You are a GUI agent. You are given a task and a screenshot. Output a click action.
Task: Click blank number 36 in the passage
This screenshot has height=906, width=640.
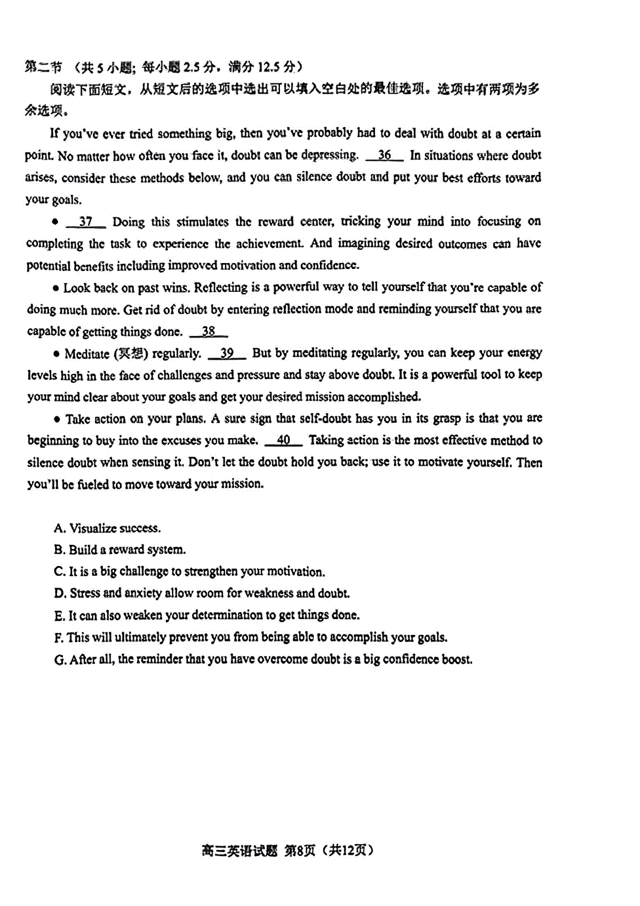pos(384,155)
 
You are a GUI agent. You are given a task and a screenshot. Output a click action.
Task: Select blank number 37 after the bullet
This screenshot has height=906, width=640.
pos(85,221)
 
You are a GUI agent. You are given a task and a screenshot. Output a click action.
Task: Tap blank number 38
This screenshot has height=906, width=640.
pos(209,331)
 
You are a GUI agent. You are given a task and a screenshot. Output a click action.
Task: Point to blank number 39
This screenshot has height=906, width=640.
pos(227,353)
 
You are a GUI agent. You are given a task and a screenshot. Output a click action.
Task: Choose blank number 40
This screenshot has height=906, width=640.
pos(283,440)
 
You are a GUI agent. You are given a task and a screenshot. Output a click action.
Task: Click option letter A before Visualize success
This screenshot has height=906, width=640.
pos(59,528)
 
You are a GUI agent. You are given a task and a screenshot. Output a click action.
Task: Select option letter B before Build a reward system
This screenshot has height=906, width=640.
pos(59,550)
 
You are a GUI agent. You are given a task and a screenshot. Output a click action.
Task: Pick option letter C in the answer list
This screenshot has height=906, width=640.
pos(59,571)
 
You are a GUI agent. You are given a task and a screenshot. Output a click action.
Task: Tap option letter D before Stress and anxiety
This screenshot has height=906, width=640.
pos(60,593)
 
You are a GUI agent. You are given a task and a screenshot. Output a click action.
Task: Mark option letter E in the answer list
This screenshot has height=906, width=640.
pos(59,616)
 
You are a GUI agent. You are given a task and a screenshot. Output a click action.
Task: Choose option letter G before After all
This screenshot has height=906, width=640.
pos(60,660)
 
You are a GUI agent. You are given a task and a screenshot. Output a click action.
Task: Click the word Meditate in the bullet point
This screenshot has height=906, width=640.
pos(86,354)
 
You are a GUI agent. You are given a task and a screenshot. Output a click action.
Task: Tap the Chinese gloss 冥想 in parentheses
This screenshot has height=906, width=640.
pos(131,353)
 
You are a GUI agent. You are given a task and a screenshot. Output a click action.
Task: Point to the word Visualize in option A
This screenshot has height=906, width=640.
pos(93,528)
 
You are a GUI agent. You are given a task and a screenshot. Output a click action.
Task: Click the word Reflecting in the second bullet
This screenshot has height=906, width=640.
pos(220,288)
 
